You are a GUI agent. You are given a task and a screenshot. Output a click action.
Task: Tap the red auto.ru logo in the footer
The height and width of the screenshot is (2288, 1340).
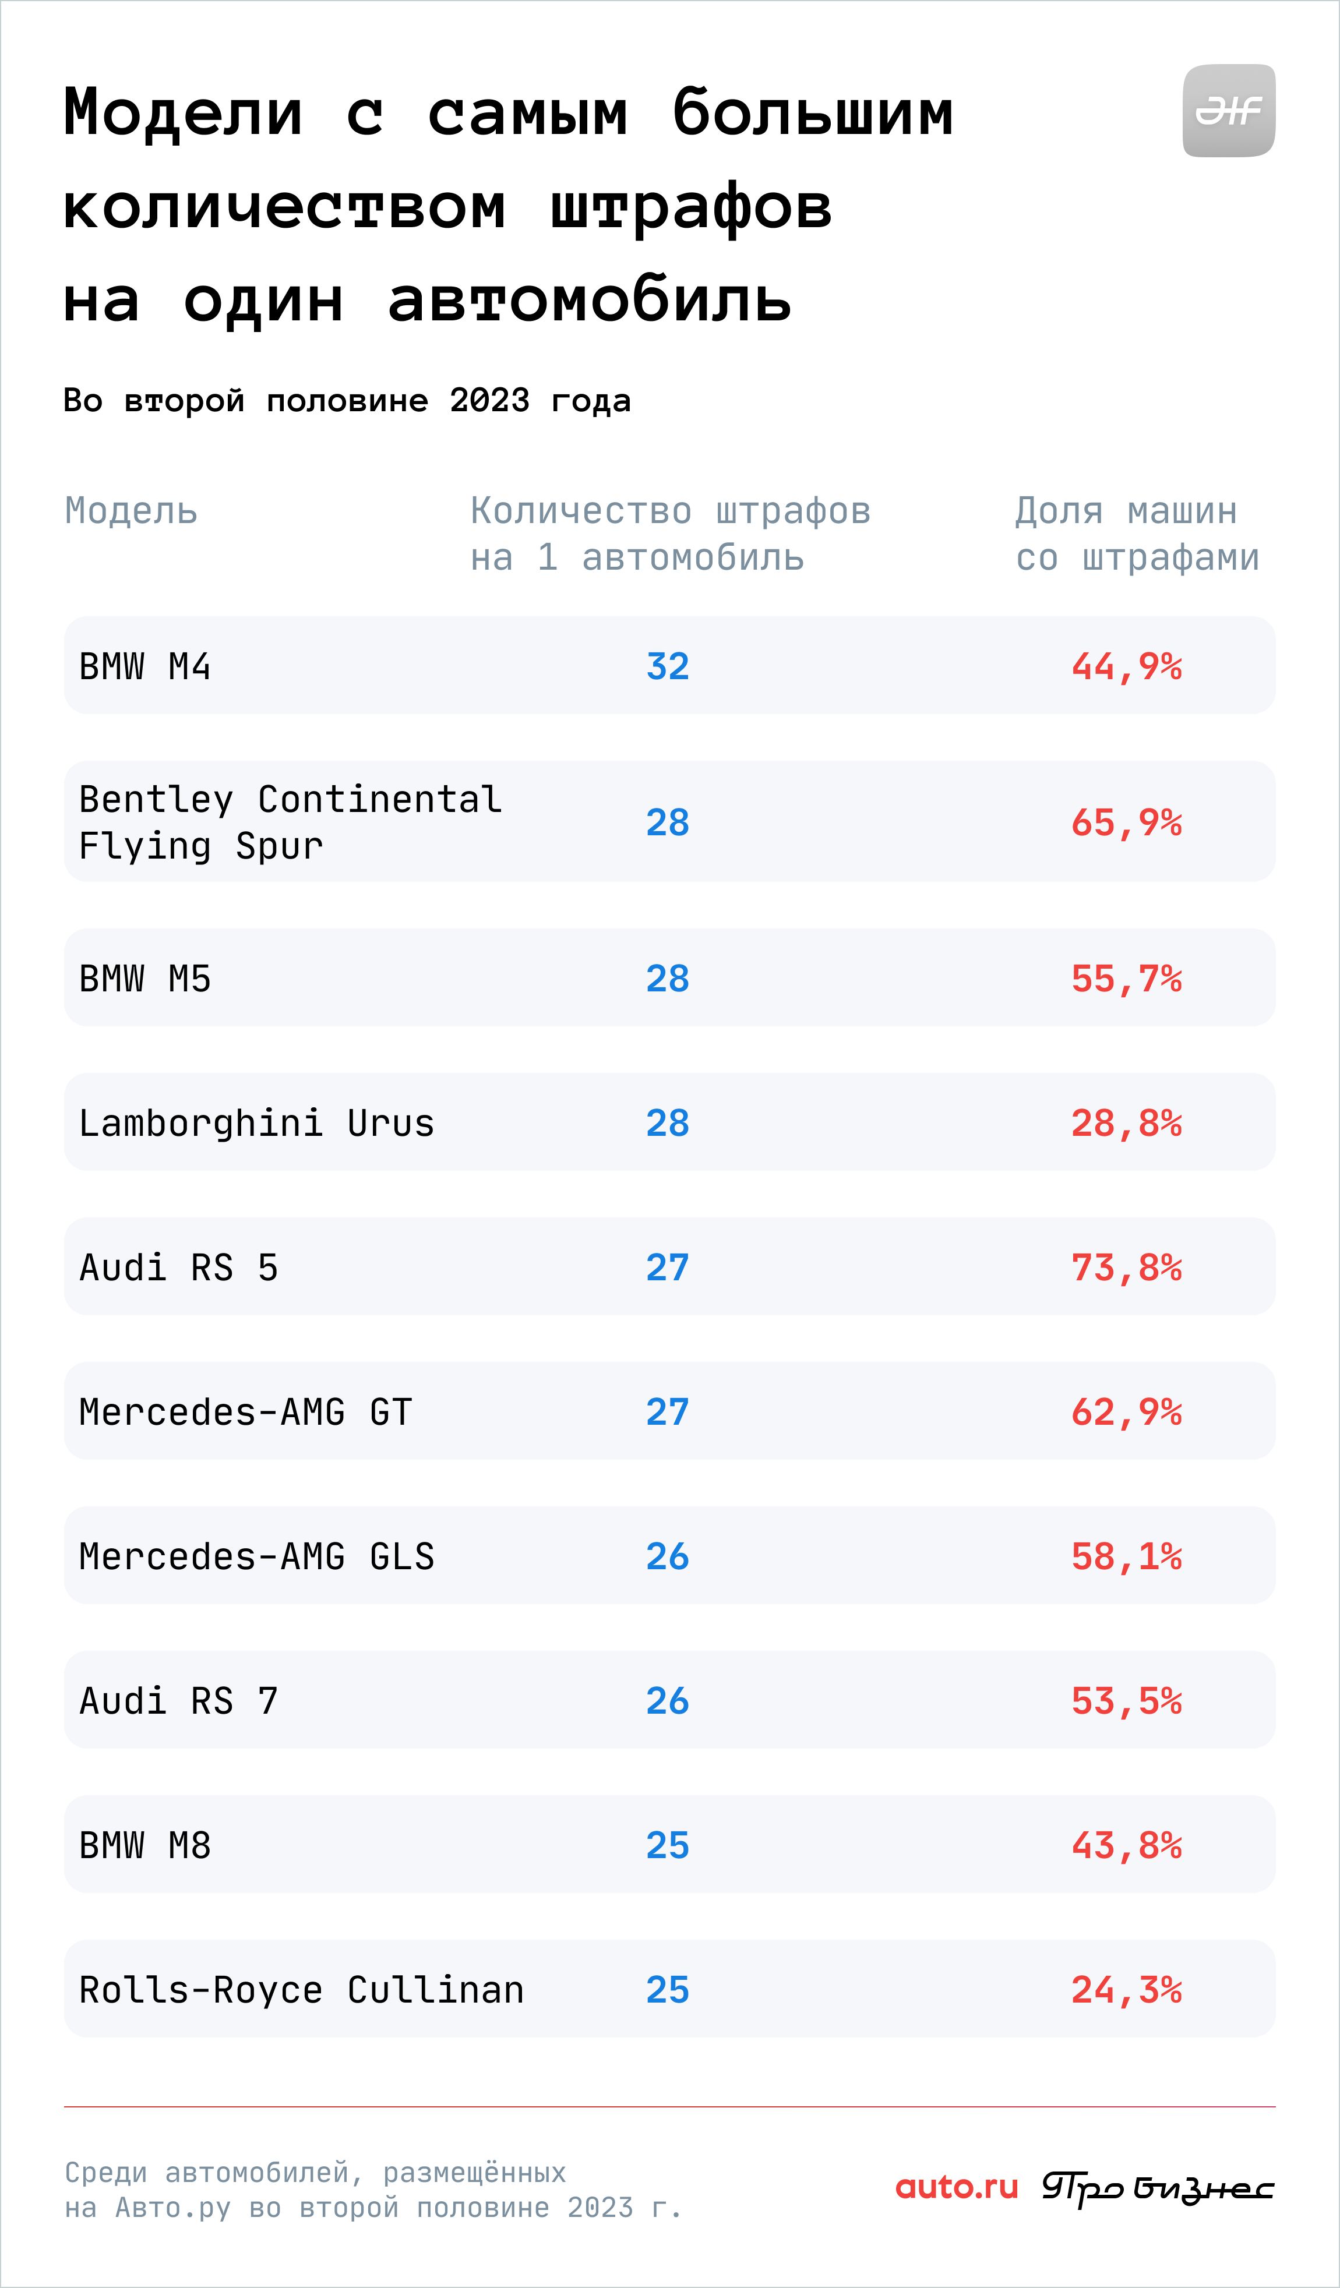tap(957, 2187)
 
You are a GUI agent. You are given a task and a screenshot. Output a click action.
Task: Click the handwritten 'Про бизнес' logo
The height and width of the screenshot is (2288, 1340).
tap(1158, 2189)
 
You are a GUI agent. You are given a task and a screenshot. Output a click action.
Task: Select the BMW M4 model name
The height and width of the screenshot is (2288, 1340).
tap(145, 666)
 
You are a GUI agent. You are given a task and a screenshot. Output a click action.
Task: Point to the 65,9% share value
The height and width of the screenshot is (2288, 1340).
tap(1127, 822)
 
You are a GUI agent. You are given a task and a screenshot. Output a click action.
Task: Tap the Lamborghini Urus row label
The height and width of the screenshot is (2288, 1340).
tap(257, 1123)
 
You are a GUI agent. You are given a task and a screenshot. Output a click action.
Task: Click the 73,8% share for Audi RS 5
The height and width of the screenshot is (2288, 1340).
tap(1127, 1267)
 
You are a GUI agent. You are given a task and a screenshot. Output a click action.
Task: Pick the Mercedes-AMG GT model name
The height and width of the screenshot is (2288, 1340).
tap(246, 1412)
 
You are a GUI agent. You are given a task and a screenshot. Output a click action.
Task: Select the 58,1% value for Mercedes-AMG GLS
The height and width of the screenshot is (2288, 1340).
tap(1127, 1556)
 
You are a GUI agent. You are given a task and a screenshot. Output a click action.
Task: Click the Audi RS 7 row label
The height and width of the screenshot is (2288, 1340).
tap(179, 1701)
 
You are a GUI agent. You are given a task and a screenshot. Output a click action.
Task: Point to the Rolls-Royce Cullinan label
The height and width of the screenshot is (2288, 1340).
tap(301, 1989)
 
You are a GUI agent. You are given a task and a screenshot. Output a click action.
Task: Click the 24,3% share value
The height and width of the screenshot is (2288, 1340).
tap(1127, 1989)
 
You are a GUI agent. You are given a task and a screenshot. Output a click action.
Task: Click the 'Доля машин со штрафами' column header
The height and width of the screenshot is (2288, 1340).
tap(1138, 535)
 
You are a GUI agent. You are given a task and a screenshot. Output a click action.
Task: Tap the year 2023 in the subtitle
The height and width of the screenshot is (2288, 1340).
tap(489, 400)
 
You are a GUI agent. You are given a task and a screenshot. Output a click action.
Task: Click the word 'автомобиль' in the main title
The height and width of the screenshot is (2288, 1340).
tap(590, 299)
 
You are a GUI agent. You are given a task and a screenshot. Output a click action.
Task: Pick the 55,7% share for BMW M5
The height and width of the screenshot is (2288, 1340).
tap(1127, 979)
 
